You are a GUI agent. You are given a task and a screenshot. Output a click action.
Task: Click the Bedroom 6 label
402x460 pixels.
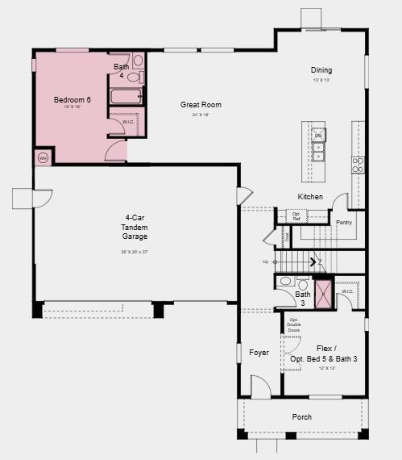(73, 99)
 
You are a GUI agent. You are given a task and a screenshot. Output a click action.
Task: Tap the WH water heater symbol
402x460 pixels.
(43, 158)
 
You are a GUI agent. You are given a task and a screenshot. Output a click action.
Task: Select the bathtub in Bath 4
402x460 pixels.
(126, 97)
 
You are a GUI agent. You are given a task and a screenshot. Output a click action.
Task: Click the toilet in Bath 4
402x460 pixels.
(138, 61)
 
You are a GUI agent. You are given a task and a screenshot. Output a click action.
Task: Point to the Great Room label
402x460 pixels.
(201, 105)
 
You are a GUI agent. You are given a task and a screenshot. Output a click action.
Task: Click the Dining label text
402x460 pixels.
(321, 70)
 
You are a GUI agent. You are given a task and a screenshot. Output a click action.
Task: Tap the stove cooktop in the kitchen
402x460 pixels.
(358, 165)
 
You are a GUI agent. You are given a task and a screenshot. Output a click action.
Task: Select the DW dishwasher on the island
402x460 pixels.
(318, 136)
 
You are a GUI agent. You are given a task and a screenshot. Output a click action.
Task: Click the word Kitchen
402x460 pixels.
(310, 197)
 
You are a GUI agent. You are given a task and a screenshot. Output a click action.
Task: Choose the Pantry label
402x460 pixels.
(344, 222)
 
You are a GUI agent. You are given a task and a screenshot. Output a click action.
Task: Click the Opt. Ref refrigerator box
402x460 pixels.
(296, 216)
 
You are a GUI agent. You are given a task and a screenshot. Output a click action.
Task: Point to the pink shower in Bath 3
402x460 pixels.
(323, 293)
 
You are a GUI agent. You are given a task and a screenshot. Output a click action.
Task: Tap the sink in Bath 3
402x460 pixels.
(286, 282)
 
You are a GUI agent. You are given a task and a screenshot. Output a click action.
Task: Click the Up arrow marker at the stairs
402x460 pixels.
(266, 261)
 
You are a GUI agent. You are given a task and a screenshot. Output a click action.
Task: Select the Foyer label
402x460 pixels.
(259, 353)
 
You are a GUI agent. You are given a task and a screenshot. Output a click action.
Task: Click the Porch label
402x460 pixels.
(301, 416)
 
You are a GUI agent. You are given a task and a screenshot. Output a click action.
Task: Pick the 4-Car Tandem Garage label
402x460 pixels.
(135, 228)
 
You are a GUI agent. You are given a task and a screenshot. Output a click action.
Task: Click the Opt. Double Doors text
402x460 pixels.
(294, 326)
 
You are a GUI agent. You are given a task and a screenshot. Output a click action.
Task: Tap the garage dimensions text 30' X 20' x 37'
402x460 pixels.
(135, 253)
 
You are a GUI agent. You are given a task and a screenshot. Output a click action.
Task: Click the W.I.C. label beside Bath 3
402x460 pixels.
(347, 291)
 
